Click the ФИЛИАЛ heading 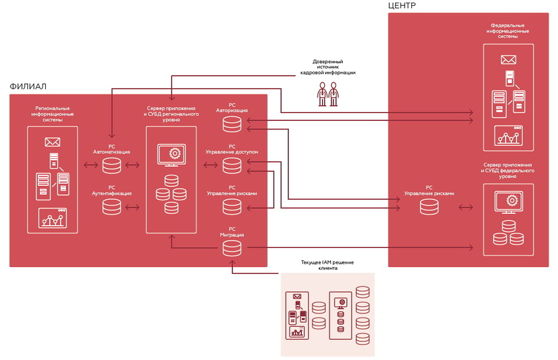point(28,86)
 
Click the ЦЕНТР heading point(402,5)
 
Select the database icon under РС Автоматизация point(112,165)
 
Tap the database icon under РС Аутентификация point(112,207)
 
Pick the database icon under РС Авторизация point(232,124)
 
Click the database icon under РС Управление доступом point(232,165)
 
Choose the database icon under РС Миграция point(232,248)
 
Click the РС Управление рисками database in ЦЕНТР point(429,207)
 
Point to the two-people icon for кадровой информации point(327,94)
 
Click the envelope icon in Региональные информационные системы point(52,141)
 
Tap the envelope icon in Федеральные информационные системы point(510,60)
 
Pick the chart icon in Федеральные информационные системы point(509,137)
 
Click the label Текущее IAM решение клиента point(327,266)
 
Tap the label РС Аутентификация point(112,191)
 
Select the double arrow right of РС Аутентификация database point(132,207)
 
